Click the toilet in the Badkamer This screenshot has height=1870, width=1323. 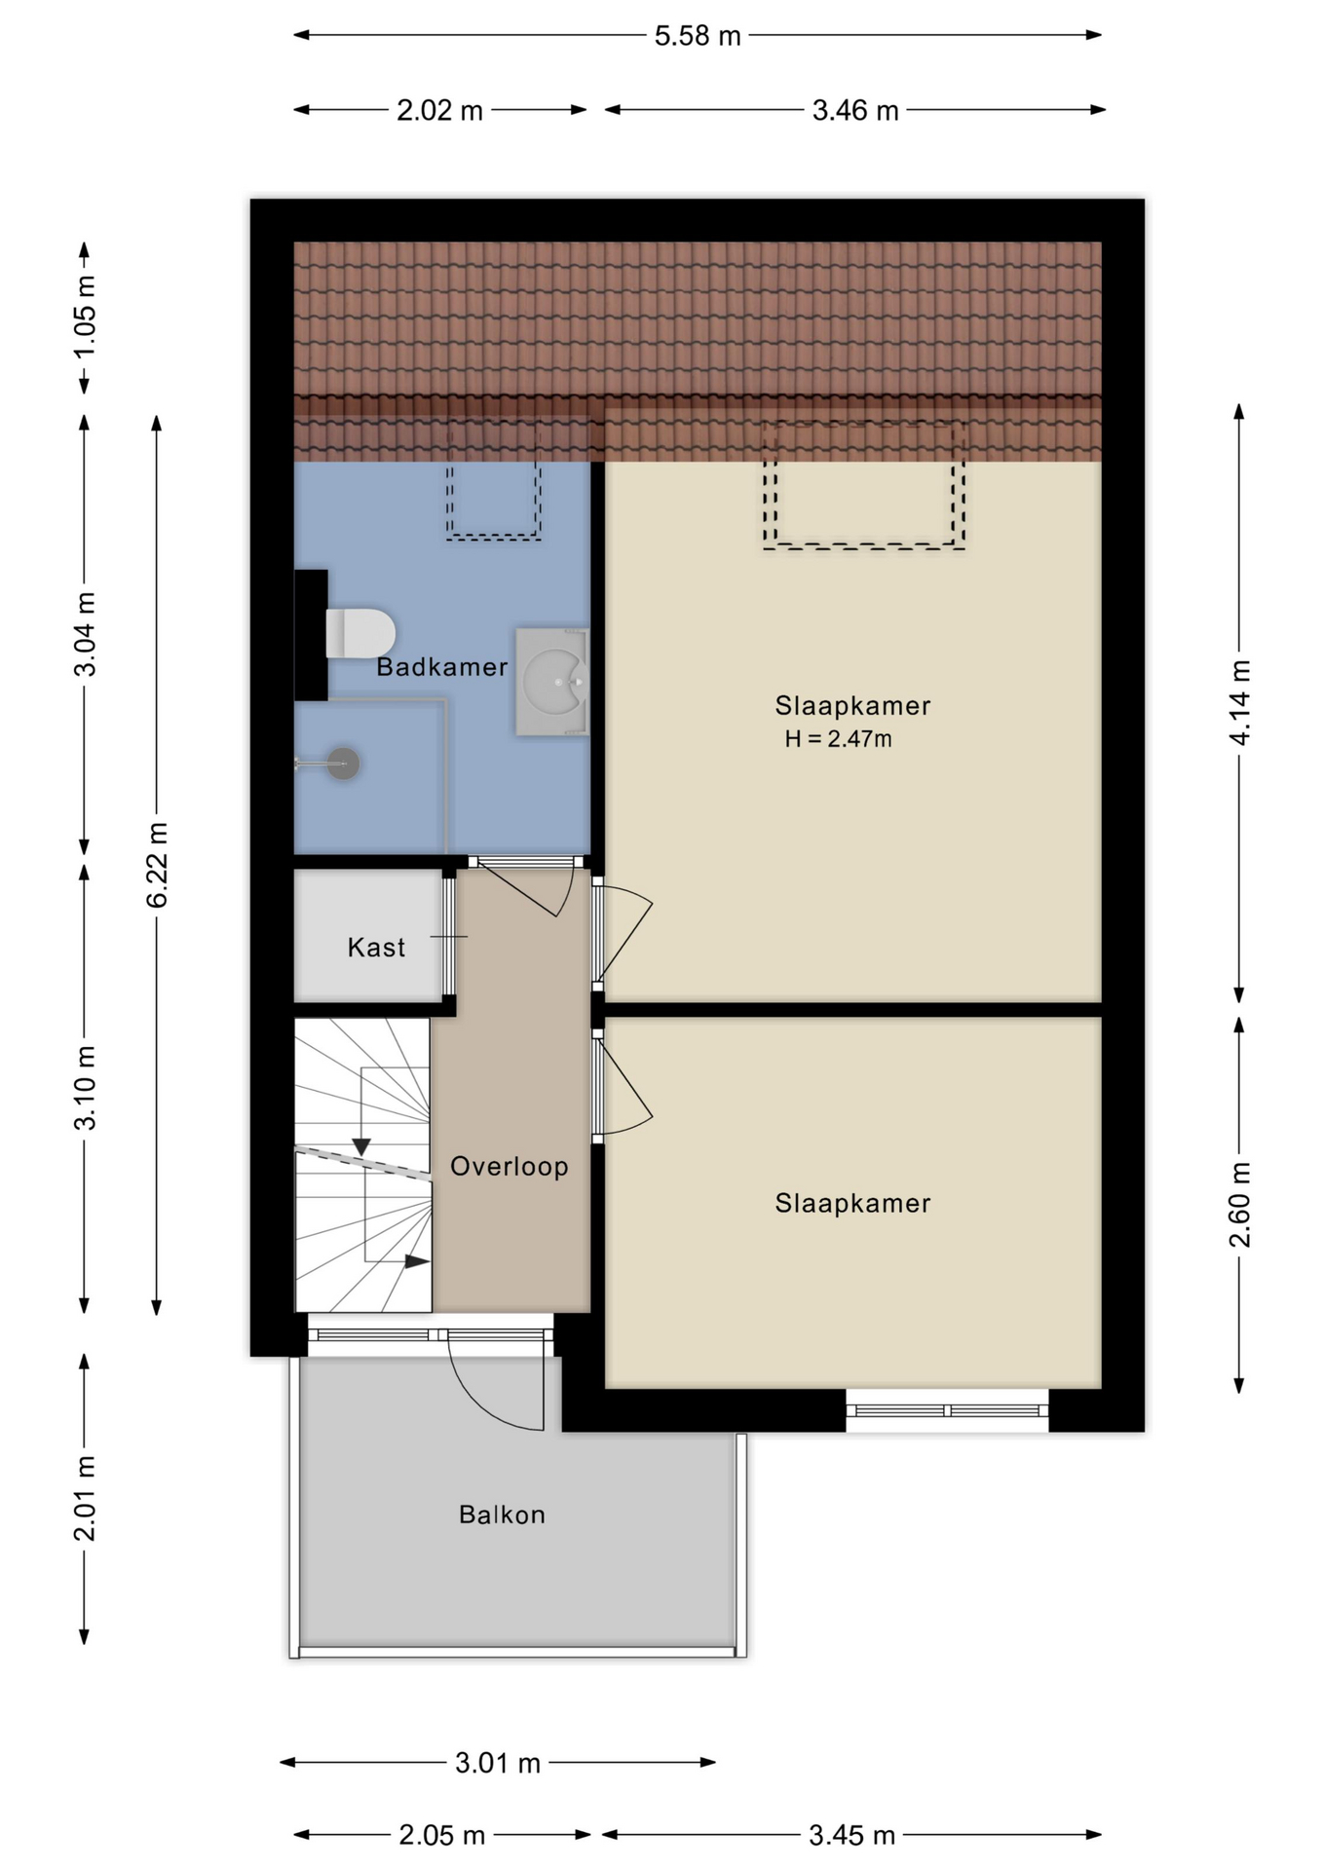359,633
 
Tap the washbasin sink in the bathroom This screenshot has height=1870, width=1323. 552,681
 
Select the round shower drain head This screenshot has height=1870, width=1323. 343,764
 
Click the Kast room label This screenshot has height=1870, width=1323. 376,947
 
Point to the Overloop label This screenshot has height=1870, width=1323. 510,1166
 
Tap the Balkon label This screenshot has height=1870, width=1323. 502,1515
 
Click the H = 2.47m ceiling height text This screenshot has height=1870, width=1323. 838,738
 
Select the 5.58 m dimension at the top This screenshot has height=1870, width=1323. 698,36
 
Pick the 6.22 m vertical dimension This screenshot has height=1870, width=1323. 157,865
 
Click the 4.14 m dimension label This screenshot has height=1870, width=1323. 1239,702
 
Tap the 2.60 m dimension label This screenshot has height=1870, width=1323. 1239,1205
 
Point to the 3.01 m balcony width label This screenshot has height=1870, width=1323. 498,1763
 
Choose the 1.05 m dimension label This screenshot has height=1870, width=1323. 85,317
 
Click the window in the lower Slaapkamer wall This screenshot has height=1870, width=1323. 947,1410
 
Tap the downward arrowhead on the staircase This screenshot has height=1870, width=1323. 361,1146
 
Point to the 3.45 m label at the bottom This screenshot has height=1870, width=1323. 851,1836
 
